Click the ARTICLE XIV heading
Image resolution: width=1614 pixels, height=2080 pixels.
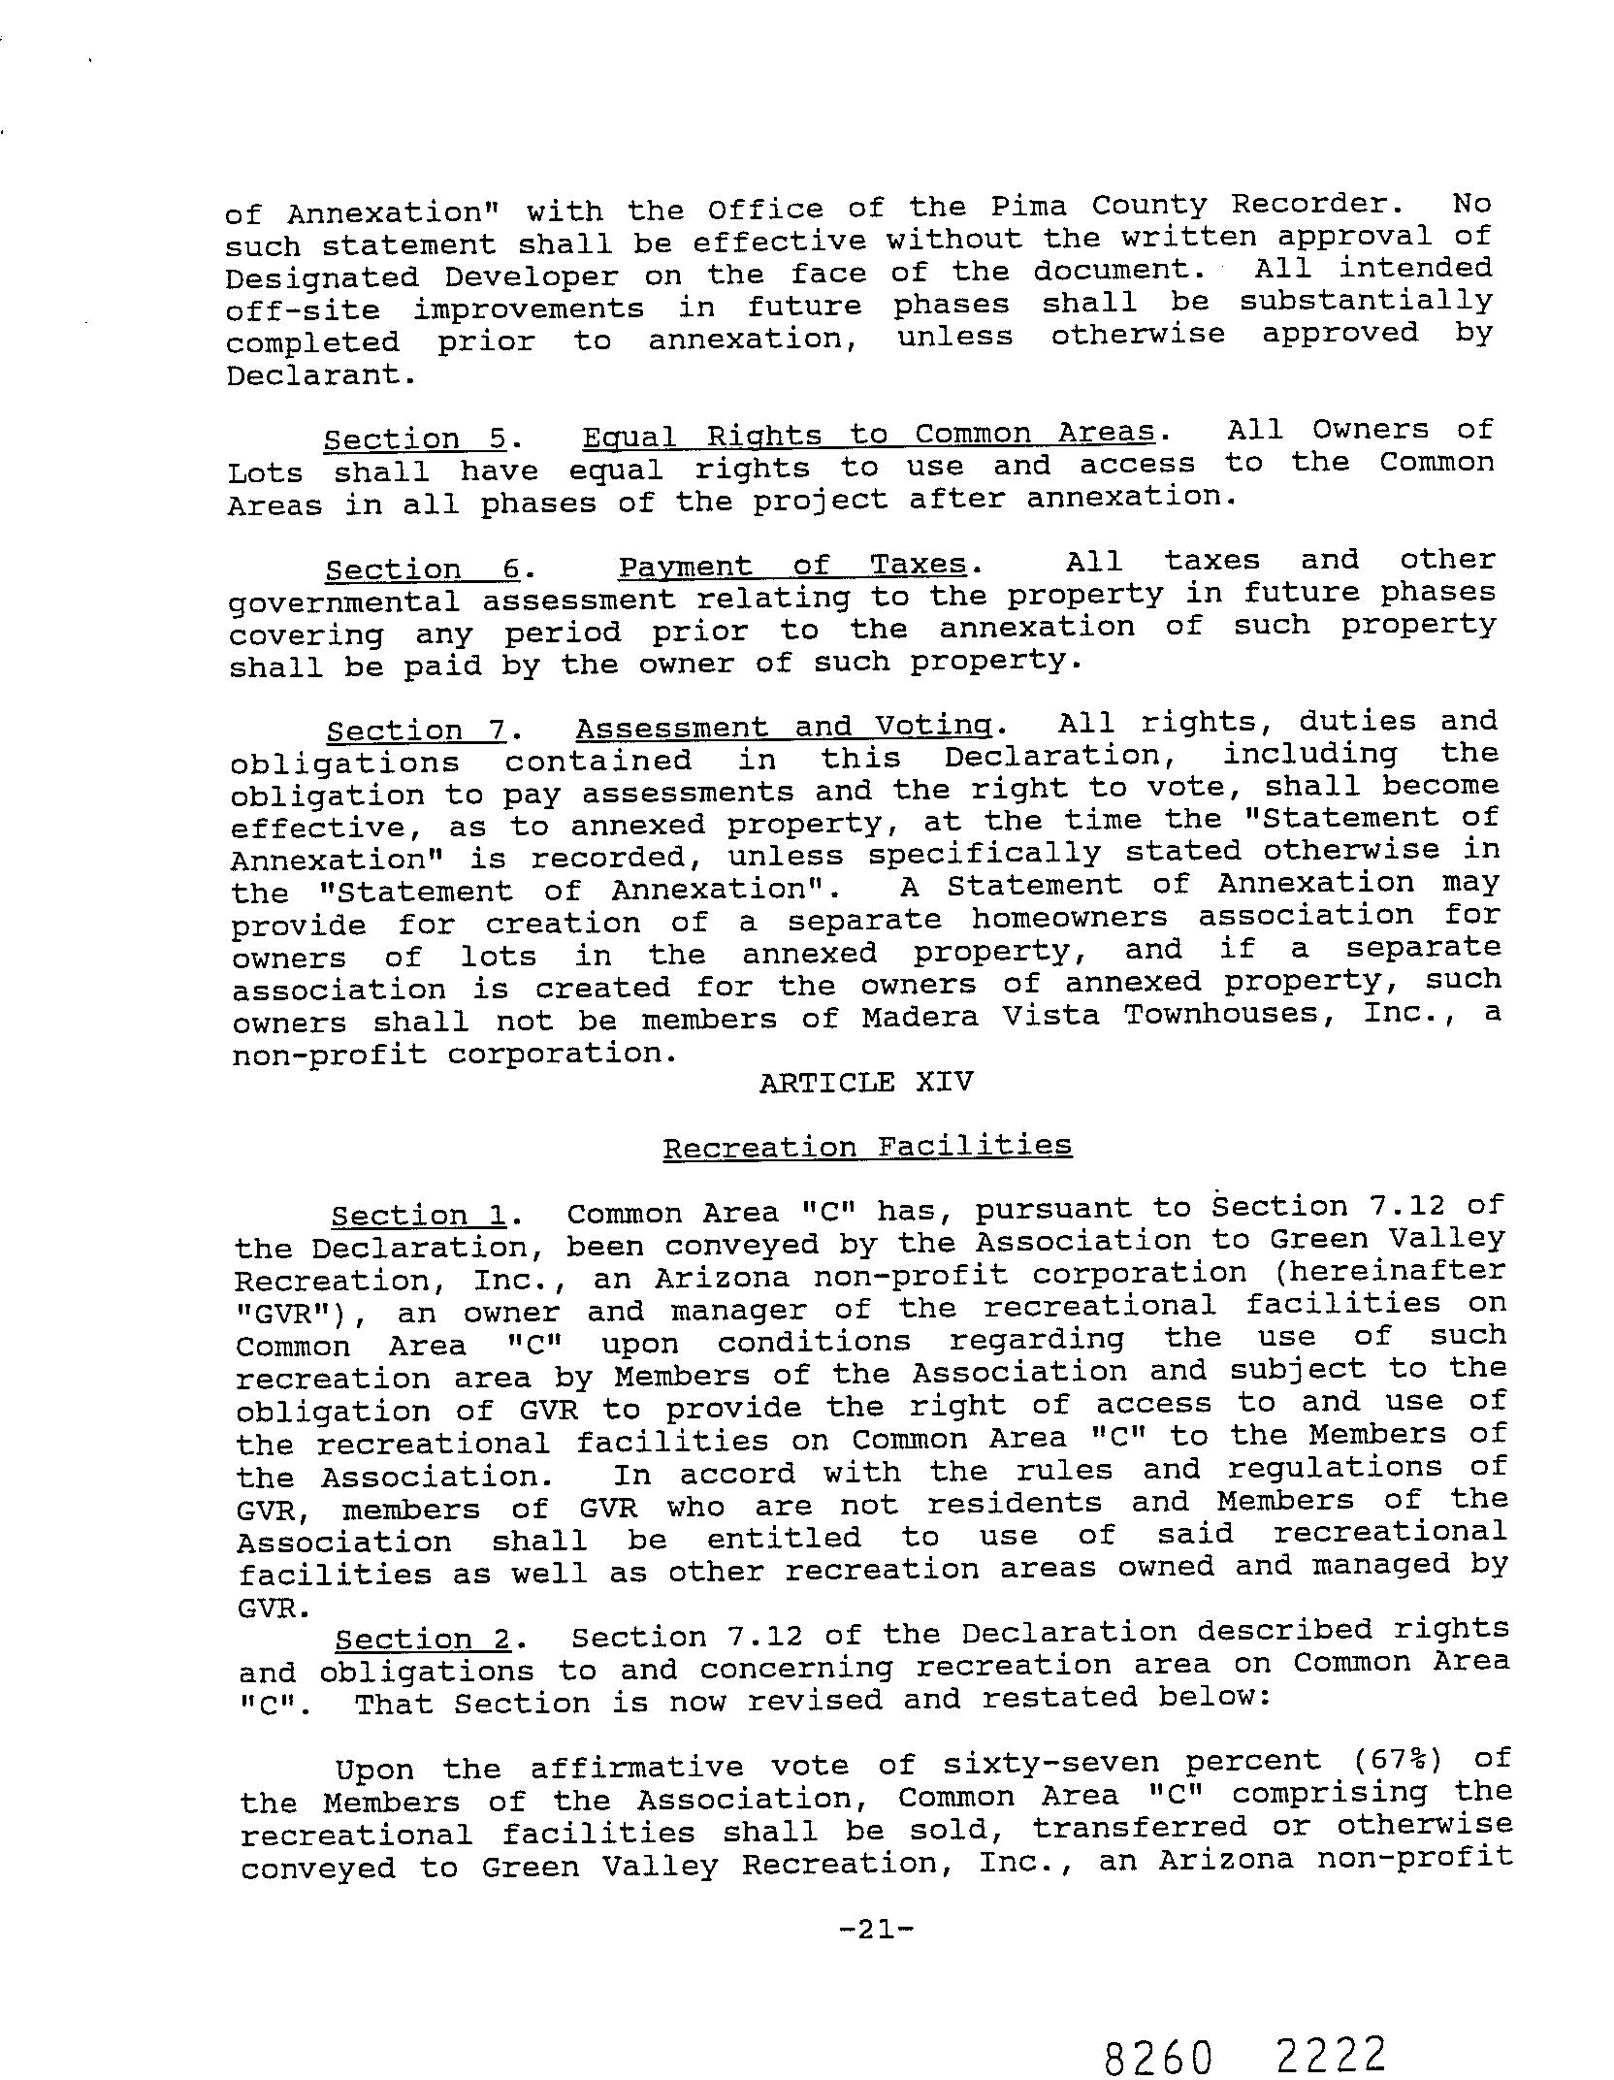pos(865,1083)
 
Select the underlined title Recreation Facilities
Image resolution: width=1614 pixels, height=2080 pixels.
pos(867,1147)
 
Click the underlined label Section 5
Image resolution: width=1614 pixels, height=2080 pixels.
pos(415,439)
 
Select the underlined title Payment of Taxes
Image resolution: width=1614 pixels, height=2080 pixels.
pos(792,566)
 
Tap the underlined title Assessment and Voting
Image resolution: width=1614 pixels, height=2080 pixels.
pos(784,728)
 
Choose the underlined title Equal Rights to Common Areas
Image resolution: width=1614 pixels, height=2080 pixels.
pos(868,435)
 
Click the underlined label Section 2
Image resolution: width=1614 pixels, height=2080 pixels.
pos(422,1640)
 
